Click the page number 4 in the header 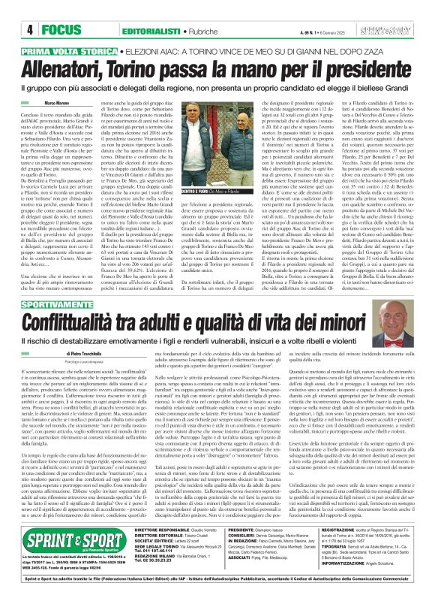tap(14, 11)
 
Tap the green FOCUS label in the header tap(43, 11)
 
